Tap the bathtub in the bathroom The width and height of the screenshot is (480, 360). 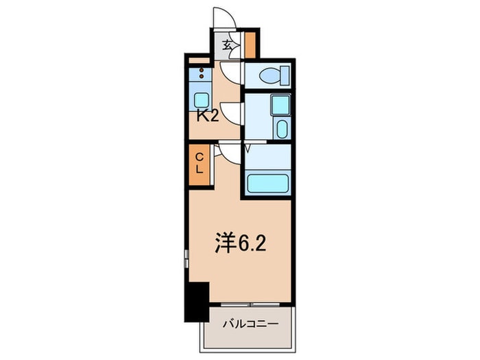(267, 183)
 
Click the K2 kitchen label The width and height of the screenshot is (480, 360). (208, 115)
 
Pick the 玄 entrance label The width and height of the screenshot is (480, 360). (228, 46)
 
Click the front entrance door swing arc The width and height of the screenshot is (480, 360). (225, 19)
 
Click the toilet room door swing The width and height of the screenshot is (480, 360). (231, 71)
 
